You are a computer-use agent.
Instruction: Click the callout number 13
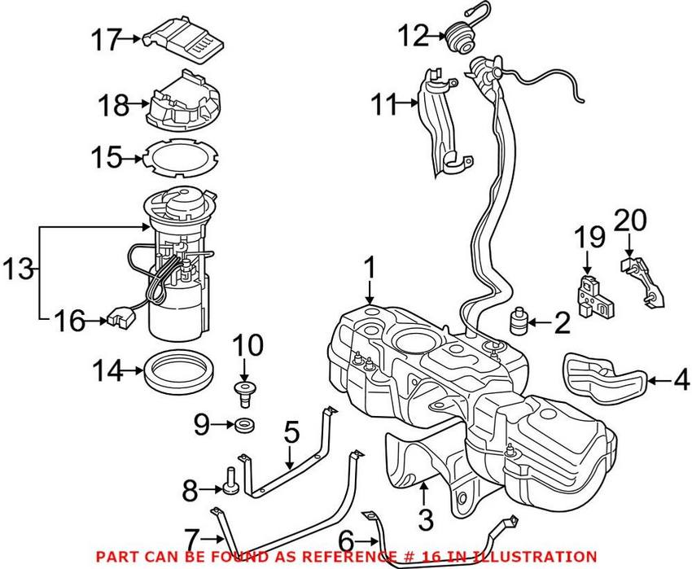16,267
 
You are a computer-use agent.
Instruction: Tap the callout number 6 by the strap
368,539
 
